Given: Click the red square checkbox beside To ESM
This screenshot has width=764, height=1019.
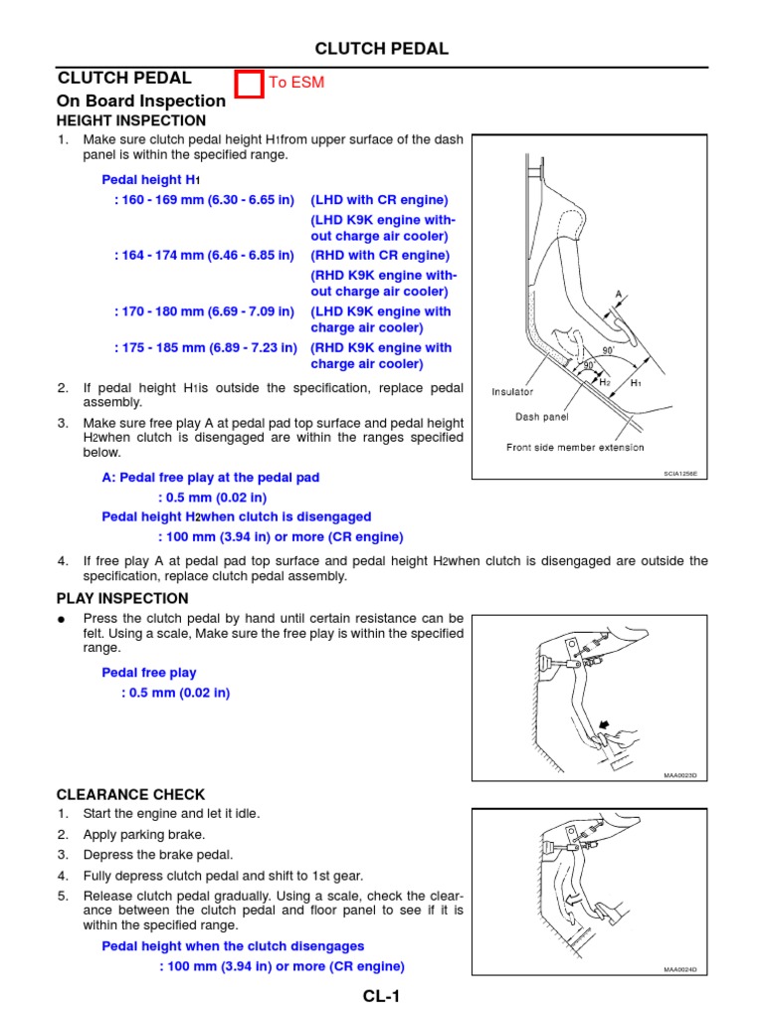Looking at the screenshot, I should pyautogui.click(x=251, y=84).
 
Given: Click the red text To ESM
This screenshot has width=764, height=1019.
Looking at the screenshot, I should pyautogui.click(x=296, y=83).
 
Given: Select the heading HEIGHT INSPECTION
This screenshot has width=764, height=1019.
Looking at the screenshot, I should pyautogui.click(x=132, y=120).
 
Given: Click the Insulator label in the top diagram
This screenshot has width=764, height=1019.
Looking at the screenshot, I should pyautogui.click(x=512, y=392).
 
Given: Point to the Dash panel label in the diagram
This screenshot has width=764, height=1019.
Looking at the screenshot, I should pyautogui.click(x=541, y=417).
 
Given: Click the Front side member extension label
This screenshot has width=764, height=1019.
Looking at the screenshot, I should pyautogui.click(x=575, y=447).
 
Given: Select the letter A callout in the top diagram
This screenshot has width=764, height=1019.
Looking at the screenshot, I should pyautogui.click(x=619, y=295).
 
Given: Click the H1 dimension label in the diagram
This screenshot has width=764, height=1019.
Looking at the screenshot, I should pyautogui.click(x=636, y=383).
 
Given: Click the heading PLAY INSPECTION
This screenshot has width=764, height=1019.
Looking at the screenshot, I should pyautogui.click(x=123, y=598).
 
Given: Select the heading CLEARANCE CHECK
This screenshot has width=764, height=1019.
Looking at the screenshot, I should pyautogui.click(x=131, y=794).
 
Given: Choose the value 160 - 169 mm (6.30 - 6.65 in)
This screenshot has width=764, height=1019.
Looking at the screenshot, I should pyautogui.click(x=204, y=199).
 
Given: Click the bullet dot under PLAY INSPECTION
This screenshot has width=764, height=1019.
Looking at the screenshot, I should pyautogui.click(x=62, y=618).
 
